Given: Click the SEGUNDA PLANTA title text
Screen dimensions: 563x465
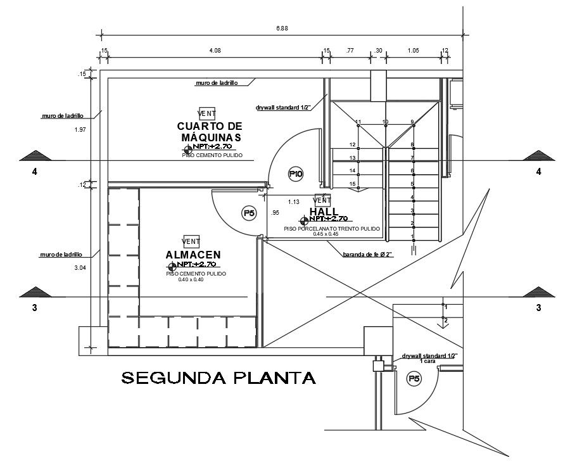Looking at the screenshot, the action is click(x=218, y=378).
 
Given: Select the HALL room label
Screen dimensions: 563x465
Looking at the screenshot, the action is click(x=323, y=211).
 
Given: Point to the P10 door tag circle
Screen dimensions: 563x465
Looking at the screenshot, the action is click(x=296, y=173).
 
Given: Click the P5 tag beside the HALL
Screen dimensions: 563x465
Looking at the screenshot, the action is click(x=249, y=213).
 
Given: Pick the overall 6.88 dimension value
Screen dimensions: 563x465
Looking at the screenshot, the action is click(x=282, y=28).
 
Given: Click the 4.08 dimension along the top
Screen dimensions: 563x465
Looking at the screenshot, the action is click(x=215, y=50).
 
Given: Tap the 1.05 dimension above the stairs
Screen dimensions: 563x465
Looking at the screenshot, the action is click(x=414, y=50).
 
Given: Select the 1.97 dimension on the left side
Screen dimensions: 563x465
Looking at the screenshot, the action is click(x=80, y=129).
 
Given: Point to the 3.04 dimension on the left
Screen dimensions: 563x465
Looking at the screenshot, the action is click(x=80, y=268).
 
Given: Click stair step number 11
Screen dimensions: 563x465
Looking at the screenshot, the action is click(x=358, y=122).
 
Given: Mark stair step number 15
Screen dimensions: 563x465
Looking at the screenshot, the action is click(x=353, y=184).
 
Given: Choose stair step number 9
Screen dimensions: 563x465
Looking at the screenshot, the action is click(x=412, y=122).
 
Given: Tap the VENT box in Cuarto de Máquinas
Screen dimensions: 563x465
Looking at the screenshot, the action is click(x=207, y=113).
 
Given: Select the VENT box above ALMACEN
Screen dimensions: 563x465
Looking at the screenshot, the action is click(x=191, y=241).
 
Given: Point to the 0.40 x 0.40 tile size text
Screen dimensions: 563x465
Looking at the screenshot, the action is click(x=191, y=279).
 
